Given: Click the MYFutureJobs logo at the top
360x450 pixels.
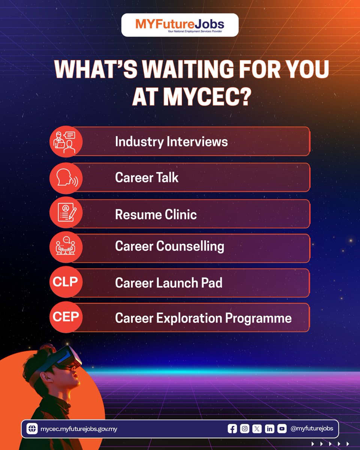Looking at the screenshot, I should (180, 25).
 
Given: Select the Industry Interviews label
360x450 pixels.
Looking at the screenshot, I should (171, 142).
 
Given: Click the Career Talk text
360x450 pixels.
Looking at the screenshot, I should (147, 177).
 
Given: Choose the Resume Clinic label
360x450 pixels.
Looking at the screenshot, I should (156, 214).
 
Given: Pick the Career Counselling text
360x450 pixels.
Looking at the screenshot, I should (169, 246).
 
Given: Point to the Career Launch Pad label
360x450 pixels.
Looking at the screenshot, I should (168, 283).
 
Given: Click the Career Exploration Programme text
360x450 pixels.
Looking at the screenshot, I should (203, 318).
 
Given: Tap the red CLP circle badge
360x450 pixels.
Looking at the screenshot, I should (66, 281).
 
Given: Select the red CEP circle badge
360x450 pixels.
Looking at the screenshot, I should (66, 317).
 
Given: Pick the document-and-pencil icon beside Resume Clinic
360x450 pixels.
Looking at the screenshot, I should (66, 213).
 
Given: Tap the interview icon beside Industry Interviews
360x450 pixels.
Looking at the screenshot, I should (66, 142).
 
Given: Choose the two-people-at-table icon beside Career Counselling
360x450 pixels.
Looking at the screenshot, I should (66, 246).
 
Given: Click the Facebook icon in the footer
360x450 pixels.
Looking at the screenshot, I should (232, 429).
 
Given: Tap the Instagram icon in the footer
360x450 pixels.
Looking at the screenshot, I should (244, 429).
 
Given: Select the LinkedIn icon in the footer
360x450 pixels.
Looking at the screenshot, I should (269, 429).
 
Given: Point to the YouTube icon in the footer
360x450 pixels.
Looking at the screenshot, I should (282, 429).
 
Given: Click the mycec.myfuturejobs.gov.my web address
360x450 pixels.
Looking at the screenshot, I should (78, 429).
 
